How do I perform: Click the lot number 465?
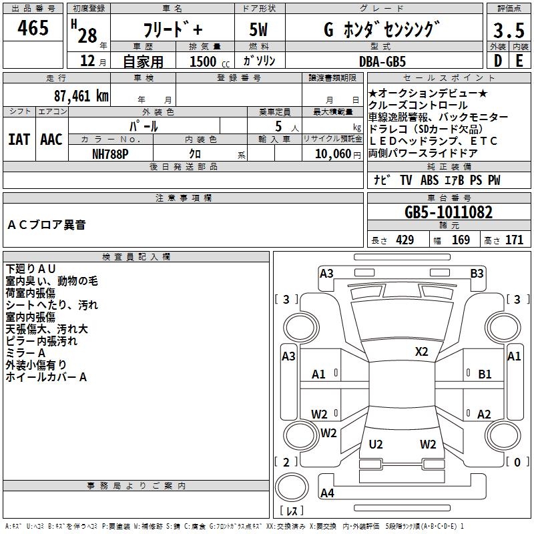click(x=33, y=28)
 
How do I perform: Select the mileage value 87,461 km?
click(x=79, y=96)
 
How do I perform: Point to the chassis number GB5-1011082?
click(x=449, y=212)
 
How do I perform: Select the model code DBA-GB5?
click(x=391, y=61)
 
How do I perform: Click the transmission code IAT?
click(x=20, y=139)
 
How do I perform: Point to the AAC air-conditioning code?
click(x=51, y=139)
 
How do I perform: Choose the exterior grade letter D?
click(x=497, y=61)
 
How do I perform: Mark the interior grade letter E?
click(x=519, y=61)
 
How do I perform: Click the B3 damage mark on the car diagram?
click(x=477, y=273)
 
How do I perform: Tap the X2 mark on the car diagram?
click(x=421, y=352)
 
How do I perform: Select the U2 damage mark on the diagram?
click(x=376, y=445)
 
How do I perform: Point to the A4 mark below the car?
click(x=327, y=493)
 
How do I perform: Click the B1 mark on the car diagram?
click(x=485, y=374)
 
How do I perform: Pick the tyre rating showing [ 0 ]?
click(x=514, y=462)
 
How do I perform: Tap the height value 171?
click(x=514, y=240)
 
